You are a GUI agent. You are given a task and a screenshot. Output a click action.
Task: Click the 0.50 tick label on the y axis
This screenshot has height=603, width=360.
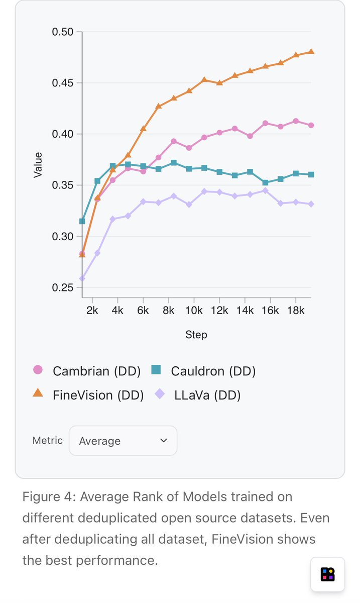(x=63, y=32)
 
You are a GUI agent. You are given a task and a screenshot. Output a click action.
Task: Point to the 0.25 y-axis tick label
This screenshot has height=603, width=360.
(x=63, y=288)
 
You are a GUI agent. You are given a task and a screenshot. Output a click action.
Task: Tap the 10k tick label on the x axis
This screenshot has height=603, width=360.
(x=194, y=311)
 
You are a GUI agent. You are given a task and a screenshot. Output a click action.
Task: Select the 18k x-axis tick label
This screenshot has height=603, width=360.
(x=296, y=311)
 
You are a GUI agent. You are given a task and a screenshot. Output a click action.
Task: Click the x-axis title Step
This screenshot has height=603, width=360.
(x=196, y=335)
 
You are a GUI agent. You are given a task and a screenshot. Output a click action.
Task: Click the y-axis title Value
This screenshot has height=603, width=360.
(x=38, y=165)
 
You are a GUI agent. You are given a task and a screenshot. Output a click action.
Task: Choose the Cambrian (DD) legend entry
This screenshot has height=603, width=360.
(x=80, y=371)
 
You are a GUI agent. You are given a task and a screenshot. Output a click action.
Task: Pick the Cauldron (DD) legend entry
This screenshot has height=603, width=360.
(x=203, y=371)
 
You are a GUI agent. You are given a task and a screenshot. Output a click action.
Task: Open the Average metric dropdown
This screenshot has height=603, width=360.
(x=123, y=441)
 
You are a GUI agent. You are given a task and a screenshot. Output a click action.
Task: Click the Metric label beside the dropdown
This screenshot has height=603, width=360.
(x=48, y=440)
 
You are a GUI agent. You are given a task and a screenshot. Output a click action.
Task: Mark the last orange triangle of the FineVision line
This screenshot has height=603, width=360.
(x=311, y=52)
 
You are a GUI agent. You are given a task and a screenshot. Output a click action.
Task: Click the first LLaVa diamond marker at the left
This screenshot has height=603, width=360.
(x=82, y=278)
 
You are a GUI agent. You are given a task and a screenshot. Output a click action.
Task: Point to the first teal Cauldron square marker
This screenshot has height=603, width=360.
(x=82, y=221)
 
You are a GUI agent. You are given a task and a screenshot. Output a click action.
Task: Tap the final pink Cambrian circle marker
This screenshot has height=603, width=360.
(x=311, y=125)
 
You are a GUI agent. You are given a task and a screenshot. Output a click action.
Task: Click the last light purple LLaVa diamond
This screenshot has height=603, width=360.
(x=311, y=204)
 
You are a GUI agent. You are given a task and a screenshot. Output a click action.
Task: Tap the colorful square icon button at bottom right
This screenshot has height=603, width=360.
(x=327, y=574)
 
